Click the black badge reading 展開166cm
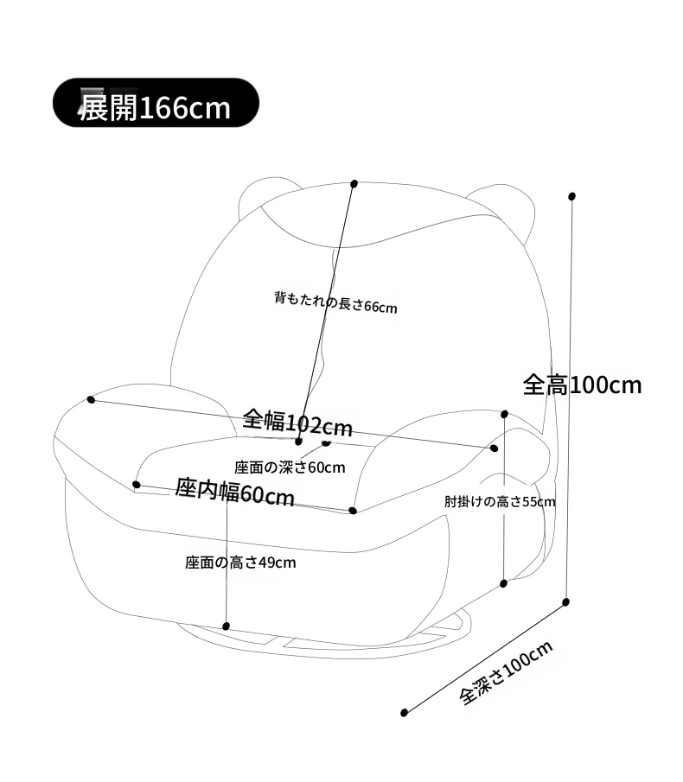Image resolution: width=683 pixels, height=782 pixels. [x=156, y=103]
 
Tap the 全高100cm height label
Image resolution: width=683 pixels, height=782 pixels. [x=582, y=385]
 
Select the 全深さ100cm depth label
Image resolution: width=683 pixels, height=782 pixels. [x=506, y=673]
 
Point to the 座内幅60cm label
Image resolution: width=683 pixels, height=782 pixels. [x=234, y=493]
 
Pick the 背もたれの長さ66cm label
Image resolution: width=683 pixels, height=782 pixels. [x=335, y=302]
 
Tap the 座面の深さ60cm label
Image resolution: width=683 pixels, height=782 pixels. [x=290, y=467]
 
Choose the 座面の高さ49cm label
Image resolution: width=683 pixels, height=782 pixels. [x=240, y=563]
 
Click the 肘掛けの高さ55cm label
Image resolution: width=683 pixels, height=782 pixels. [x=500, y=501]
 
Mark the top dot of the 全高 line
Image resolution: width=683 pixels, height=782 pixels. [x=571, y=196]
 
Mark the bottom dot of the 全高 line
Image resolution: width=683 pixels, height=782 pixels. [x=565, y=602]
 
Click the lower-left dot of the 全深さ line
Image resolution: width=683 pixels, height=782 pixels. [x=404, y=713]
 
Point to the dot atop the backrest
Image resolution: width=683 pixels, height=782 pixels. [x=354, y=183]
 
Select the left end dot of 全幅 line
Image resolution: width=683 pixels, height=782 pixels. [x=91, y=399]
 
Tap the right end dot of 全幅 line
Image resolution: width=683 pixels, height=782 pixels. [x=494, y=448]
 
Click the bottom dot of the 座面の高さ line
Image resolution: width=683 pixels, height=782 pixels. [x=226, y=626]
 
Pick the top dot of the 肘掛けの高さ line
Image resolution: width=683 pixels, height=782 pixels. [x=504, y=414]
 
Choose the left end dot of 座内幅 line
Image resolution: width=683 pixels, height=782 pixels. [x=137, y=484]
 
